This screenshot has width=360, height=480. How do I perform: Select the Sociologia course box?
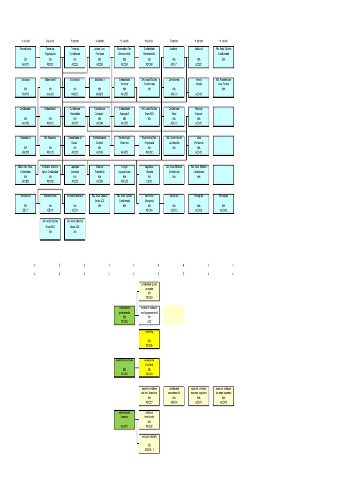[25, 87]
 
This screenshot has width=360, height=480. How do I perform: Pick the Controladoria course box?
[174, 87]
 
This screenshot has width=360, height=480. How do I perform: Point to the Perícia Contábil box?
[199, 87]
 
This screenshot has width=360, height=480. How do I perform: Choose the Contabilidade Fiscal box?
[174, 117]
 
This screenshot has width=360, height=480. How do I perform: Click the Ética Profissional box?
[199, 145]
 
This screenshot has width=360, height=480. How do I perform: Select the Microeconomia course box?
[25, 202]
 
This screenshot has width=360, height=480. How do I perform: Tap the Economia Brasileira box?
[75, 202]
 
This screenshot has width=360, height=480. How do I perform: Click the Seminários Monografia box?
[149, 202]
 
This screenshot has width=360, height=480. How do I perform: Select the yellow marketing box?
[149, 339]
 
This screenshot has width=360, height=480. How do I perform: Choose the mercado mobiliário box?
[149, 443]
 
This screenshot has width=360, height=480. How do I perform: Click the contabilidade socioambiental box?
[174, 396]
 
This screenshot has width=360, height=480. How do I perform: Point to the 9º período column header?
[224, 41]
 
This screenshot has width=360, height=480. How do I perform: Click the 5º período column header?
[124, 41]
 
